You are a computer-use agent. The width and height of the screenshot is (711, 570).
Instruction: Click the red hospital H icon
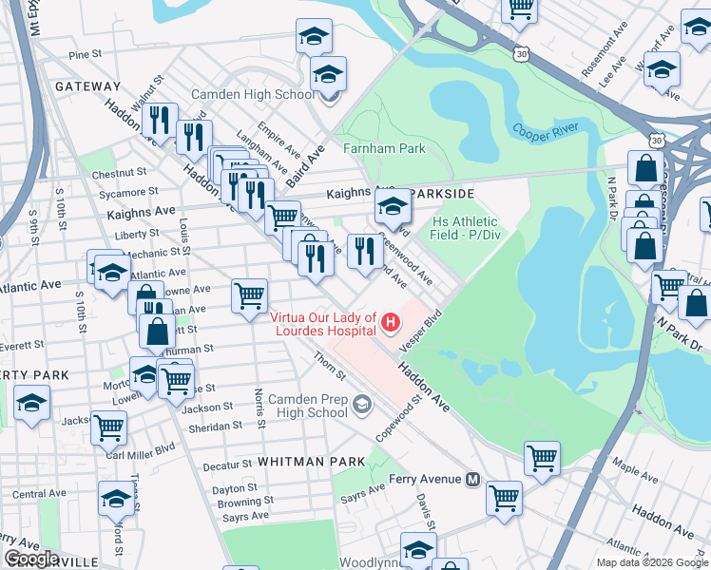click(x=390, y=324)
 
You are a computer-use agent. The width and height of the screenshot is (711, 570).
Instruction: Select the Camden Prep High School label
click(x=308, y=406)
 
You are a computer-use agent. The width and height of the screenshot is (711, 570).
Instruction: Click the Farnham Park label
click(x=385, y=149)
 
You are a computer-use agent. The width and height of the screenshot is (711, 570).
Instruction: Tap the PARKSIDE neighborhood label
click(x=440, y=193)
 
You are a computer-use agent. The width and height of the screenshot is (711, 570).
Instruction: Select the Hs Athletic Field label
click(x=465, y=228)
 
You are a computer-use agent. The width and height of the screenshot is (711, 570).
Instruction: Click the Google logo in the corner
click(x=31, y=559)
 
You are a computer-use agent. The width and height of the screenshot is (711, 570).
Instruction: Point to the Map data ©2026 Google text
click(x=652, y=562)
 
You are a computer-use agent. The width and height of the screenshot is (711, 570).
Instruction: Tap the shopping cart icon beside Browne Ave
click(x=249, y=295)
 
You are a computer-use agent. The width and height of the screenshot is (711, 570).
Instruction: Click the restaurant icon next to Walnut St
click(x=160, y=120)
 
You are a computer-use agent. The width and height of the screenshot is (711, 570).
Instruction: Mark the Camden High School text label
click(x=254, y=95)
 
